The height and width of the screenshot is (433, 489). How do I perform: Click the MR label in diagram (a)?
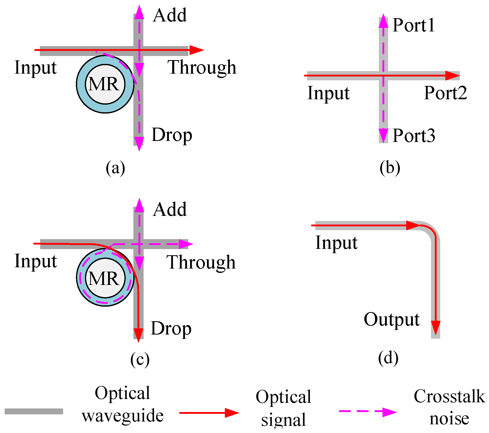104,84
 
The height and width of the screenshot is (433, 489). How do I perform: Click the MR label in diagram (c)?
104,278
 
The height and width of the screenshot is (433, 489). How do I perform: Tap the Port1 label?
414,25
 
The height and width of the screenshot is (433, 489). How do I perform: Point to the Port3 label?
414,135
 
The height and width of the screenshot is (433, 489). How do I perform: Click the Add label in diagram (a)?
170,15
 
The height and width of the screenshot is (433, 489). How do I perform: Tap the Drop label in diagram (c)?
171,328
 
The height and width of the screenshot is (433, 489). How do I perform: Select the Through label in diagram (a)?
202,67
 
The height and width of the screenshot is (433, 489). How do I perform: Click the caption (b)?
390,168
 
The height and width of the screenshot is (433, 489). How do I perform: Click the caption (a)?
115,168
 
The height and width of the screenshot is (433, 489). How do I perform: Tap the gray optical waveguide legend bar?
34,411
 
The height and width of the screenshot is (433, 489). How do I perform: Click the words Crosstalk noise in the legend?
449,408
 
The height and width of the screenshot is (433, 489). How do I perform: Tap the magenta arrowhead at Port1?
383,21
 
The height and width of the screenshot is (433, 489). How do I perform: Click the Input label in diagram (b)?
328,93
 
